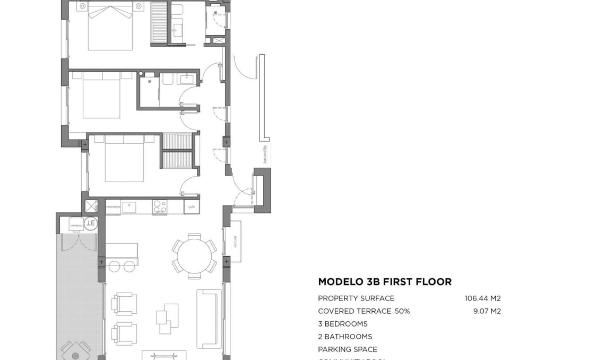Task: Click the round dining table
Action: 194,256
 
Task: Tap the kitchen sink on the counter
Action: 129,207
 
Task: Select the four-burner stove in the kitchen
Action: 160,207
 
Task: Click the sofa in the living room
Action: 208,319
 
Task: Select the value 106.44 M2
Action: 482,298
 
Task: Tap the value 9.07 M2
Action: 487,311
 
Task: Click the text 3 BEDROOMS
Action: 342,324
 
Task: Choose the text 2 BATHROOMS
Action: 345,337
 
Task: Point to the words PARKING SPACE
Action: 348,349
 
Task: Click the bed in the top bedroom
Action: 110,27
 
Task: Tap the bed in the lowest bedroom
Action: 124,158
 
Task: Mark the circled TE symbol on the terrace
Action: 91,223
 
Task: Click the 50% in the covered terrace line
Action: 402,311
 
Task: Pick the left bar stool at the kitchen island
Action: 115,266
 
